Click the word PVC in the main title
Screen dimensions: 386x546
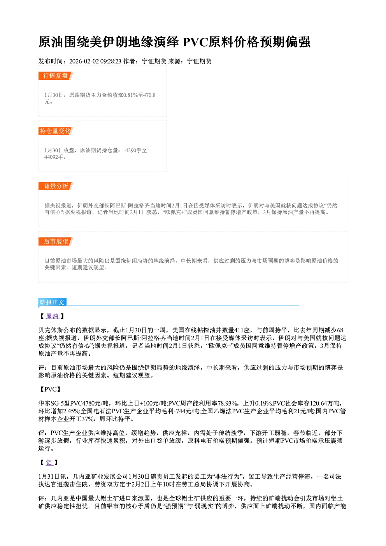[x=195, y=42]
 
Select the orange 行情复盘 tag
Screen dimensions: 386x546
[x=56, y=75]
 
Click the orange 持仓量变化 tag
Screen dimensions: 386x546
[x=56, y=131]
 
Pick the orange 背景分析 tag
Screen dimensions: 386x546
[x=56, y=186]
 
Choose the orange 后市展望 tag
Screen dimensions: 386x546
[x=56, y=242]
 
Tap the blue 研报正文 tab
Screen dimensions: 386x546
[x=52, y=302]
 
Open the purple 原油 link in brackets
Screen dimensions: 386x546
[x=52, y=316]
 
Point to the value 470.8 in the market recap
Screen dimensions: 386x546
[x=149, y=95]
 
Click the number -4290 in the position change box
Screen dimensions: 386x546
[x=130, y=150]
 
